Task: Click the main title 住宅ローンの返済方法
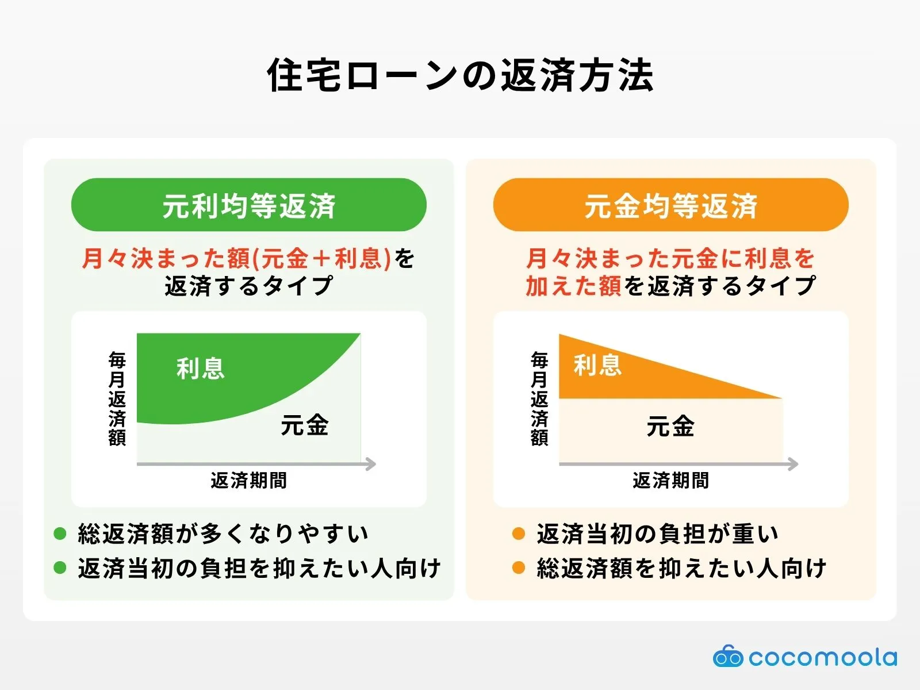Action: [x=460, y=75]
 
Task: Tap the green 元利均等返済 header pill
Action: [x=248, y=205]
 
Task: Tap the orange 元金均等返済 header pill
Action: [x=670, y=205]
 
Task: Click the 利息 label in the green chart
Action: [x=200, y=369]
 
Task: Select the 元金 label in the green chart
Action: [x=304, y=425]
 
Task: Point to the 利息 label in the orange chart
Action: [x=597, y=365]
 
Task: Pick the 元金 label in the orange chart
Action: [x=670, y=426]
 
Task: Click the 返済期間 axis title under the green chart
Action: [x=248, y=480]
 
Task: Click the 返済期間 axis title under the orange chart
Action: [x=670, y=480]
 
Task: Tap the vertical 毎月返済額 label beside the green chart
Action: [x=117, y=398]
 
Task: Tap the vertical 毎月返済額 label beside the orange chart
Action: [x=539, y=398]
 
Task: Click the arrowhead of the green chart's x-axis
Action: [x=371, y=464]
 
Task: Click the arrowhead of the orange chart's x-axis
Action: [x=793, y=464]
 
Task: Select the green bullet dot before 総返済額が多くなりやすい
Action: [x=60, y=534]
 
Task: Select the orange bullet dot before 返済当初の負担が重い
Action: [x=518, y=534]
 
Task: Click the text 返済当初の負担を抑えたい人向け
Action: [x=259, y=568]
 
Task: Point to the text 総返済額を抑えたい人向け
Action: [x=681, y=568]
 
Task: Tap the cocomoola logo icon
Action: [x=727, y=657]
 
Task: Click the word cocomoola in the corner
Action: [x=822, y=657]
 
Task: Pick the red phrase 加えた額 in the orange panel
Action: [x=573, y=286]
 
